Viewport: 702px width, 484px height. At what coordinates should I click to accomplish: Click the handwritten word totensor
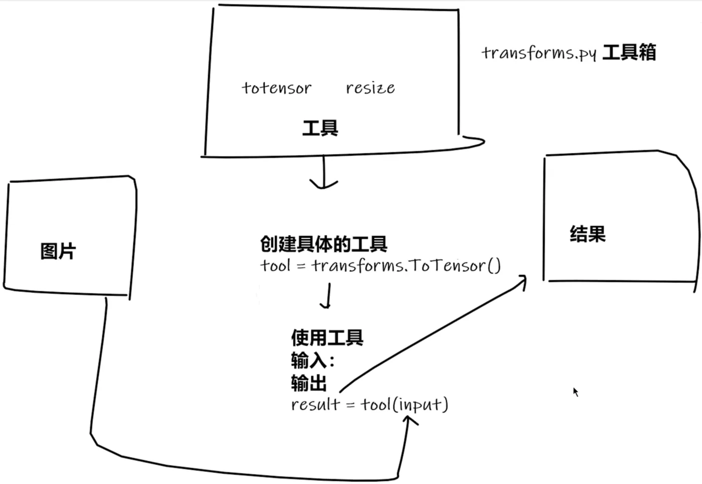[x=276, y=88]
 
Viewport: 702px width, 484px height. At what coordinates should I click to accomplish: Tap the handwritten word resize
[x=370, y=88]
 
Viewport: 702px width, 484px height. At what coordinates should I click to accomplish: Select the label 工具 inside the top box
[x=320, y=128]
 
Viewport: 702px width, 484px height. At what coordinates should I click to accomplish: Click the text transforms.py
[x=539, y=53]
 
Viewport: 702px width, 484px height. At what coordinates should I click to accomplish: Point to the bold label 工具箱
[x=629, y=52]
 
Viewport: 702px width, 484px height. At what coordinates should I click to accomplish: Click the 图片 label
[x=58, y=251]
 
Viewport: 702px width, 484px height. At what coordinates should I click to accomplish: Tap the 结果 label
[x=587, y=234]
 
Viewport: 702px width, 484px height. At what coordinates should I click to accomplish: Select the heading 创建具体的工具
[x=323, y=244]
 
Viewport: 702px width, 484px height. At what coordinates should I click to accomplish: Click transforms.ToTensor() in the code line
[x=406, y=265]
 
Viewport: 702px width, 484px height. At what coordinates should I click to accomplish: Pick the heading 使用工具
[x=327, y=338]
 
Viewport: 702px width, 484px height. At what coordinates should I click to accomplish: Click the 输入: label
[x=312, y=360]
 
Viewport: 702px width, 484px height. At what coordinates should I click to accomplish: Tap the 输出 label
[x=308, y=383]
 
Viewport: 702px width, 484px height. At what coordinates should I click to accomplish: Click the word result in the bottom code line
[x=315, y=404]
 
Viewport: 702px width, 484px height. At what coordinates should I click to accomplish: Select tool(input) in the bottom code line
[x=404, y=404]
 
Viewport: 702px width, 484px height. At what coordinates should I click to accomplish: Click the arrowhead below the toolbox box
[x=323, y=184]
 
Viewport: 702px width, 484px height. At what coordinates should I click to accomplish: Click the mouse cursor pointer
[x=576, y=392]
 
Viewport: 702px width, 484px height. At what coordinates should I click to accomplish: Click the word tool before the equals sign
[x=275, y=265]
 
